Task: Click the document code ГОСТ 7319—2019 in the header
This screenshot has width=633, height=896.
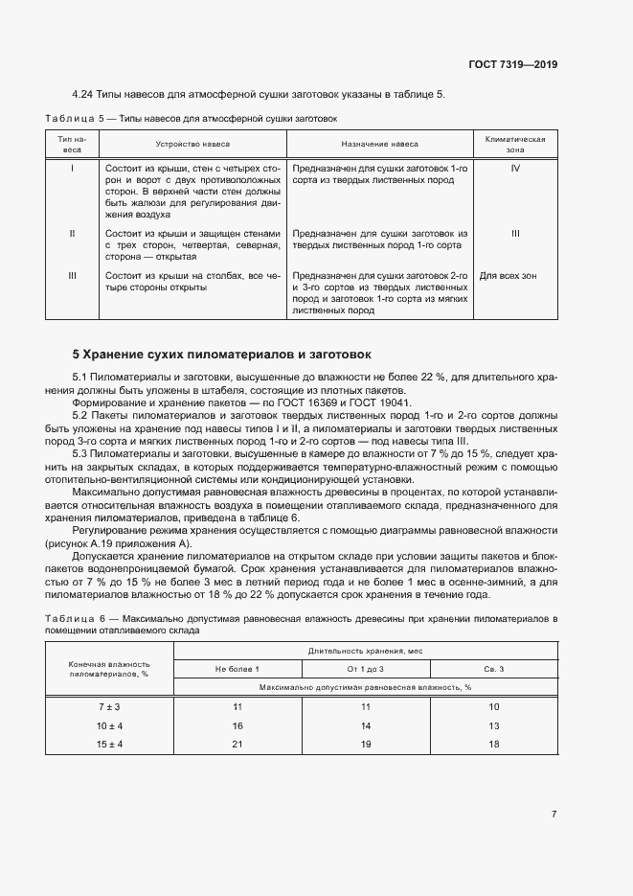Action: point(512,65)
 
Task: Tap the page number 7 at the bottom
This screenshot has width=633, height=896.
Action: point(554,814)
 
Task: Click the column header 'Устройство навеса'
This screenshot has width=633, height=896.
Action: point(192,144)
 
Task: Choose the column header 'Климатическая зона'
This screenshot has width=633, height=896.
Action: point(515,144)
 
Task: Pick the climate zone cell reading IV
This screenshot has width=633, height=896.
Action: point(515,168)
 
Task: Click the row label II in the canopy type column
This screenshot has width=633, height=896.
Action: point(73,233)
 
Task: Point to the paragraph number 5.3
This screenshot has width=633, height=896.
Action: point(83,453)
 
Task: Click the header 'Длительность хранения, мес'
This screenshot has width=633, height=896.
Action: point(365,651)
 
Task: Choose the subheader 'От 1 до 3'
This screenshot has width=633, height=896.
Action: point(365,668)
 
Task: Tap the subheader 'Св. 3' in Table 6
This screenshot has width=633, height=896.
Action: point(493,668)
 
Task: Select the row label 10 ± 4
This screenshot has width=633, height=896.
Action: point(109,726)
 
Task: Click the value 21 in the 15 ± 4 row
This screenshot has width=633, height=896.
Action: point(237,745)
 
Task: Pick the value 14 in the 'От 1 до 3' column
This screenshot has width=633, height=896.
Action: point(365,726)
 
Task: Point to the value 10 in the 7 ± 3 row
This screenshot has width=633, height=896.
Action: point(493,707)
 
